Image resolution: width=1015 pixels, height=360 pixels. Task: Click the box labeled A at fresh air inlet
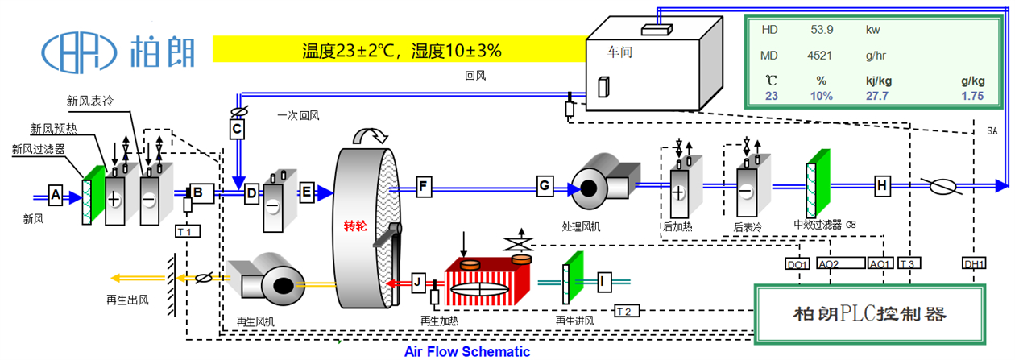[56, 194]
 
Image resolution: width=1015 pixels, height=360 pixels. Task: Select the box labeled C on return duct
[237, 129]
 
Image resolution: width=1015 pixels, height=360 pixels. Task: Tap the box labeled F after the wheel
[423, 188]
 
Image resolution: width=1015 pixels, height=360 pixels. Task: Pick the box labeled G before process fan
[545, 187]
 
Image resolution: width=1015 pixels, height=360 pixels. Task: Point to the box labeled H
[882, 186]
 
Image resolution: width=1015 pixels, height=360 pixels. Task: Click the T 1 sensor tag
[187, 231]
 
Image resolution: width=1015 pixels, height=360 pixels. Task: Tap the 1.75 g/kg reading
[972, 96]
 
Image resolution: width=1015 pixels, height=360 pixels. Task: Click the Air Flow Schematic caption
[467, 351]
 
